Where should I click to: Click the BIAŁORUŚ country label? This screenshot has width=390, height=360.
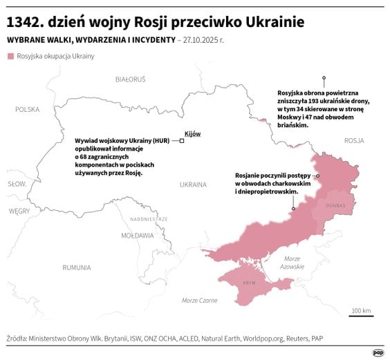[x=130, y=79]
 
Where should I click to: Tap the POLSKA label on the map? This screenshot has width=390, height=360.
[x=28, y=109]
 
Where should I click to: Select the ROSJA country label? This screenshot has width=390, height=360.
[x=353, y=140]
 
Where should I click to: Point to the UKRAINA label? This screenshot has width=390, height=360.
[x=193, y=184]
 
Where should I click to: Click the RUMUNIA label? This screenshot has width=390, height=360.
[x=76, y=267]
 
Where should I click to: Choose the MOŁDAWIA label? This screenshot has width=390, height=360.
[x=137, y=235]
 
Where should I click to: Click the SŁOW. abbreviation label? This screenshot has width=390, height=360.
[x=17, y=184]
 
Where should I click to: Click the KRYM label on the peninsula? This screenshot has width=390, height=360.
[x=248, y=283]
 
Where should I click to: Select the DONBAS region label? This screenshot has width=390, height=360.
[x=335, y=206]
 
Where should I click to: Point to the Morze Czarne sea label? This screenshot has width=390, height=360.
[x=199, y=301]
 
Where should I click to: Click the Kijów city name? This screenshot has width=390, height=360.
[x=192, y=133]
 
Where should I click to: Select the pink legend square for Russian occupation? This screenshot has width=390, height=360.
[x=10, y=56]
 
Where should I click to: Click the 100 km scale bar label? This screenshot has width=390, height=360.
[x=361, y=310]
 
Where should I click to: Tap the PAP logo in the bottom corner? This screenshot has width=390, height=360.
[x=378, y=352]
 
